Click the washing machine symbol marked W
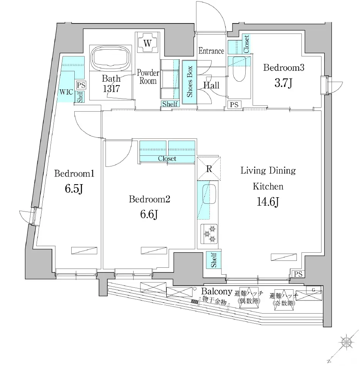tap(147, 43)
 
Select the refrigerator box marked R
tap(209, 168)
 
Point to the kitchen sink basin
tap(209, 194)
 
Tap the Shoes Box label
tap(189, 82)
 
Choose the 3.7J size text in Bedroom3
tap(283, 83)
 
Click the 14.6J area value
tap(268, 201)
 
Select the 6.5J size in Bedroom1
tap(74, 189)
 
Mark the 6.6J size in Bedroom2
tap(149, 214)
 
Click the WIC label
tap(66, 92)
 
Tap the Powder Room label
tap(148, 77)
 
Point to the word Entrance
tap(211, 50)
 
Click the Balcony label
tap(217, 291)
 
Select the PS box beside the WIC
tap(81, 85)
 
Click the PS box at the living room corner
tap(298, 274)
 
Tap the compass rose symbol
tap(346, 342)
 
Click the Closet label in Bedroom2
tap(167, 159)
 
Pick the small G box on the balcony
tap(313, 290)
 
